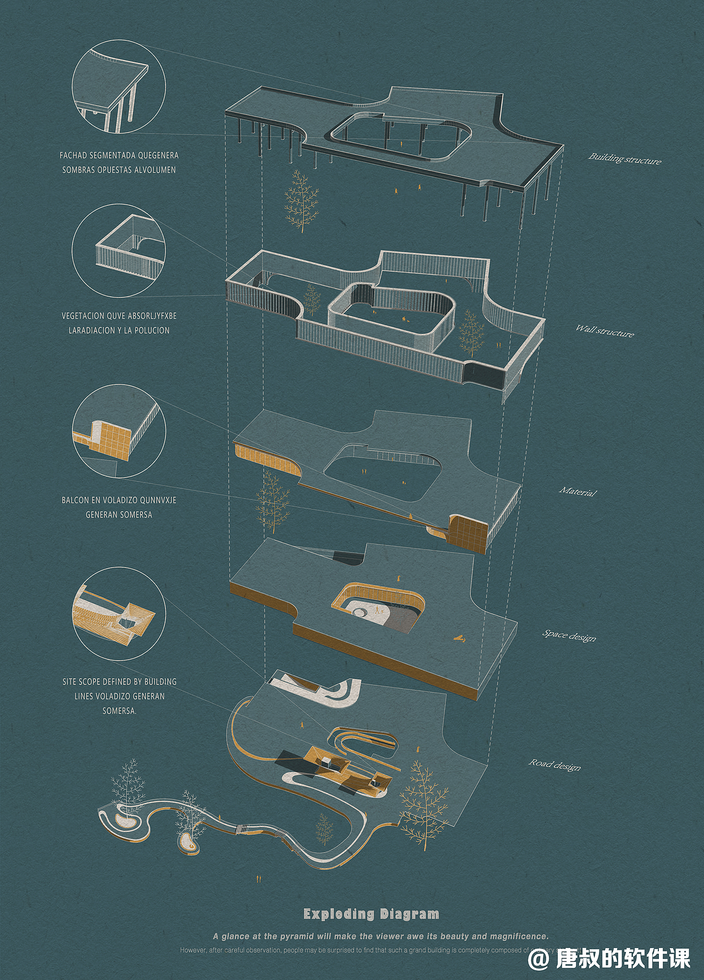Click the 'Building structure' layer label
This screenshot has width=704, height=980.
click(625, 159)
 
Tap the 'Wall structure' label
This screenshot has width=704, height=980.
click(604, 331)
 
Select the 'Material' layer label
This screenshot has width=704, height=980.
click(577, 491)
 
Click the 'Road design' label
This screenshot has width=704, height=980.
click(554, 765)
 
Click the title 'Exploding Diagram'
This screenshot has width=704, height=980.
click(371, 914)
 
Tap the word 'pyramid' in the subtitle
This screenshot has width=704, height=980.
click(297, 936)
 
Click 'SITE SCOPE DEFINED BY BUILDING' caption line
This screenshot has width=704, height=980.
click(119, 682)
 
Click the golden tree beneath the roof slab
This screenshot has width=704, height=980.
click(301, 202)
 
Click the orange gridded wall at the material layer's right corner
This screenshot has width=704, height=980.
click(468, 532)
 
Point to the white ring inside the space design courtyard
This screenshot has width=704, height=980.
click(362, 612)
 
